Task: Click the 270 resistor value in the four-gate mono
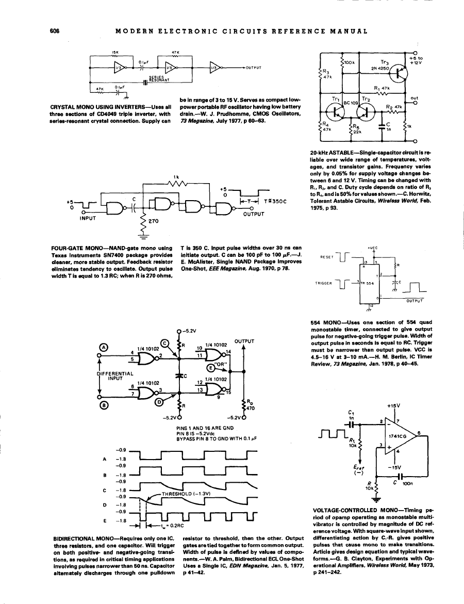click(x=153, y=221)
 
